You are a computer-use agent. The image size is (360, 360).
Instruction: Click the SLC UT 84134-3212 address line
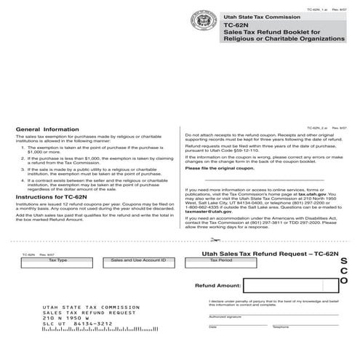[x=71, y=344]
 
